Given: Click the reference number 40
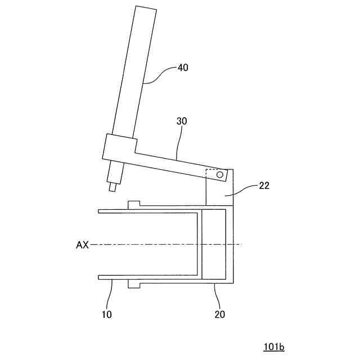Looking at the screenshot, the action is tap(183, 67).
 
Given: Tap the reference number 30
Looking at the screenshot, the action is tap(182, 121).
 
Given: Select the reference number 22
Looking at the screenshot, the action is tap(264, 186).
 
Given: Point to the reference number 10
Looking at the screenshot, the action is tap(107, 314).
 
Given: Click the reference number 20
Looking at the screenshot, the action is tap(219, 314).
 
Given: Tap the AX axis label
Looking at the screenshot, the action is tap(82, 245).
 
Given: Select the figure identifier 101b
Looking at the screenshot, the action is tap(273, 347).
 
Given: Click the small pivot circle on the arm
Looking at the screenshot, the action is tap(219, 175).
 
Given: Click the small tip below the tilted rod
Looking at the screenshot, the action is tap(112, 187).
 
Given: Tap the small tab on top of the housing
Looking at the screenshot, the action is tap(134, 203).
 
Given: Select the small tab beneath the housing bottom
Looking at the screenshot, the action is tap(134, 285).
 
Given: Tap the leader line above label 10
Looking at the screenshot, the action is tap(111, 292).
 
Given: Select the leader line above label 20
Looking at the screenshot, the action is tap(216, 295).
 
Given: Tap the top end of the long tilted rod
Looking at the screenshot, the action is tap(146, 10).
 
